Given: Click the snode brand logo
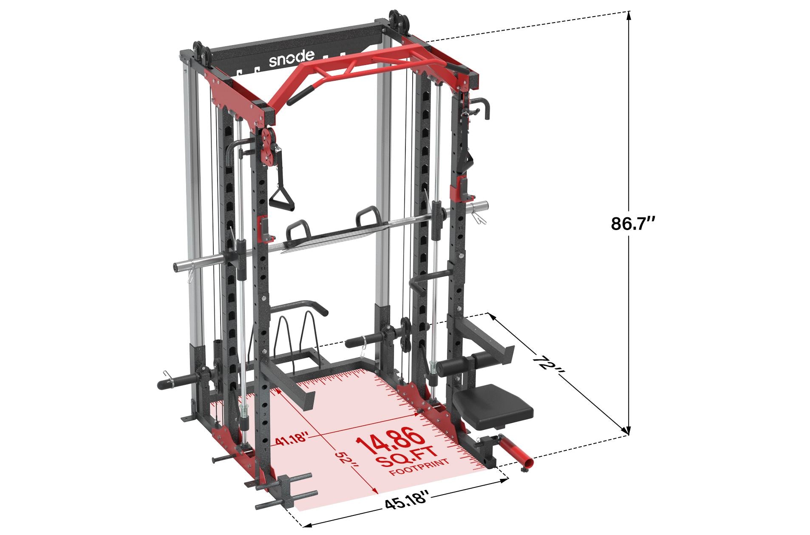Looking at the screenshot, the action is click(x=292, y=59).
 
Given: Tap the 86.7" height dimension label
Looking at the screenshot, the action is click(x=634, y=223).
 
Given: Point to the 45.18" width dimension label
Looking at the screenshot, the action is click(x=405, y=507).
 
